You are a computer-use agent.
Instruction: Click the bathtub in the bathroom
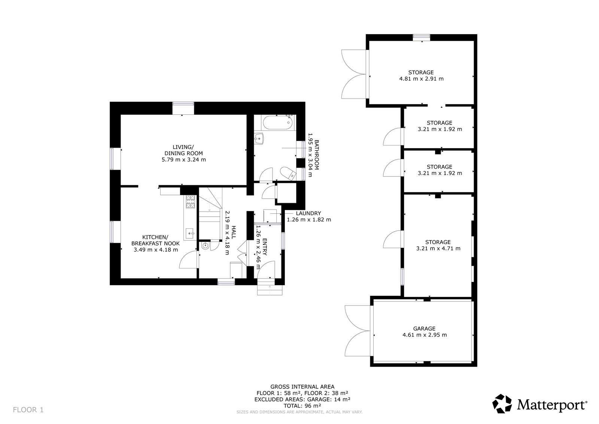pos(277,123)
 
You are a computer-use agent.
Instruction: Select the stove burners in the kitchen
pos(191,201)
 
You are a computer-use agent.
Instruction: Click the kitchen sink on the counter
pos(189,233)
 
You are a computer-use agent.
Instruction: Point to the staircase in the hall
pos(210,214)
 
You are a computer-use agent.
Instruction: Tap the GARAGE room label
pos(425,328)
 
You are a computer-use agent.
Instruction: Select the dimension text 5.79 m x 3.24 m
pos(184,160)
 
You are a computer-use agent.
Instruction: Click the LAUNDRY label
pos(308,213)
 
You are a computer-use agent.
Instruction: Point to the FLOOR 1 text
pos(28,409)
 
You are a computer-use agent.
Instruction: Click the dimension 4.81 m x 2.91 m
pos(422,79)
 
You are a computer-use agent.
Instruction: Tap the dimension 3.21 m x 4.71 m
pos(438,248)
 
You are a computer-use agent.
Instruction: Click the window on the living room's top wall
pos(183,108)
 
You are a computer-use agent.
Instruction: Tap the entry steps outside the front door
pos(270,286)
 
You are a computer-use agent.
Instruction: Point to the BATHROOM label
pos(317,155)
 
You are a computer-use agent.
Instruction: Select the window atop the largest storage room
pos(422,37)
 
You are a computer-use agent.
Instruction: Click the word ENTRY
pos(265,247)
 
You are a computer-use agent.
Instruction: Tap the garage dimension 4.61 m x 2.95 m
pos(425,335)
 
